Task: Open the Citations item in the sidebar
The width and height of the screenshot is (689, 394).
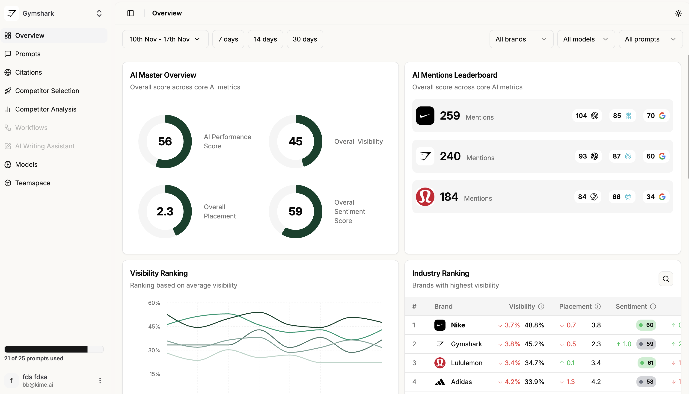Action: point(28,72)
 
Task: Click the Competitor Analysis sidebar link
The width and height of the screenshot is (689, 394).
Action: point(45,109)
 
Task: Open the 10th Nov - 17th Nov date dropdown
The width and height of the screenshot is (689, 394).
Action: point(165,39)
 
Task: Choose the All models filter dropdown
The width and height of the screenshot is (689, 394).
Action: point(586,39)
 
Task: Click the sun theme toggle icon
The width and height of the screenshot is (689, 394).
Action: point(678,13)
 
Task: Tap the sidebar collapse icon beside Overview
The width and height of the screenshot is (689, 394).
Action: point(131,13)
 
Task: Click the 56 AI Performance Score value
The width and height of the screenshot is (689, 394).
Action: point(165,141)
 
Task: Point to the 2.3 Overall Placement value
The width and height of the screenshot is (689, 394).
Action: point(165,211)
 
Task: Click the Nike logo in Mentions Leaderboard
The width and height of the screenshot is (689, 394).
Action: point(425,115)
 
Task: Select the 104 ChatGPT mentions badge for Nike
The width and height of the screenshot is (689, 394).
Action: point(587,115)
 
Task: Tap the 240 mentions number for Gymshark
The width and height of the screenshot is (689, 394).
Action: point(450,156)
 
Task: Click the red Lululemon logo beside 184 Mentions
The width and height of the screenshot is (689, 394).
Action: point(425,197)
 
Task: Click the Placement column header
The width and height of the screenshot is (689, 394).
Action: point(575,306)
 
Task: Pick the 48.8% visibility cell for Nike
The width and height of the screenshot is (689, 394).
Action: point(534,325)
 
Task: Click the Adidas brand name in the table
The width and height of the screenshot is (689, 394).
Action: point(461,382)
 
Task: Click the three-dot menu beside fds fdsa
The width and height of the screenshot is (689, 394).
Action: point(100,380)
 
